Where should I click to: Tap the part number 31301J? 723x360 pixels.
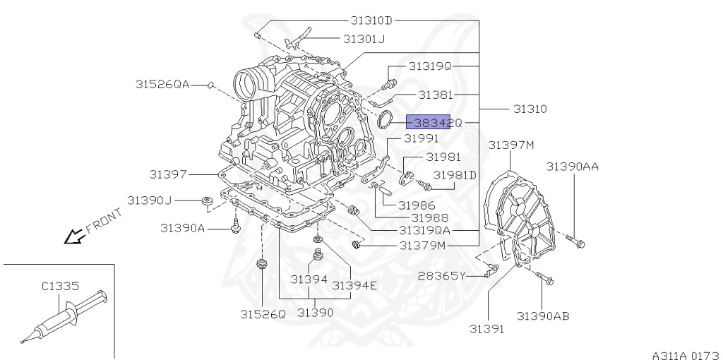pos(364,39)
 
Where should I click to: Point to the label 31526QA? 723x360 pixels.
pos(162,84)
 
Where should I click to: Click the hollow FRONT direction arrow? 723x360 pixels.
pos(72,237)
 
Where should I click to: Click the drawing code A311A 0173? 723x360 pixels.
pos(684,354)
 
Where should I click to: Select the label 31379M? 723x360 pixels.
pos(422,246)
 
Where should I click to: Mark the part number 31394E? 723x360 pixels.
pos(354,285)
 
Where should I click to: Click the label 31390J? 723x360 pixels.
pos(150,200)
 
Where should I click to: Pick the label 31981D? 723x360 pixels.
pos(455,174)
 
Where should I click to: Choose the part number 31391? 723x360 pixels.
pos(488,329)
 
